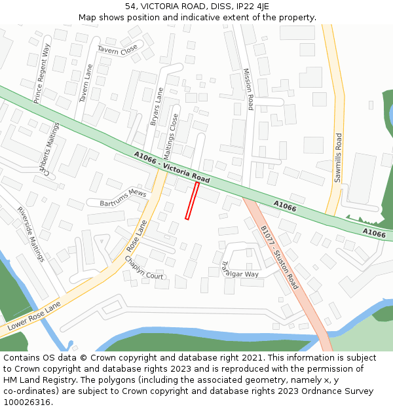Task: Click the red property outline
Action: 192,200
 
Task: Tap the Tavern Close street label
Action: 118,49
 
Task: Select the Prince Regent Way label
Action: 43,73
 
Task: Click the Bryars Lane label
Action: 157,106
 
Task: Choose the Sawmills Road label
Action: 339,158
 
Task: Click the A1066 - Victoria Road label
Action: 172,167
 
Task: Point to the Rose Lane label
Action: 137,236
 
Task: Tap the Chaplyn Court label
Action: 144,267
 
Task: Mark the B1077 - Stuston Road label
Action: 279,257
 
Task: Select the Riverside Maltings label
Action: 31,234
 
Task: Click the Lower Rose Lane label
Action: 34,315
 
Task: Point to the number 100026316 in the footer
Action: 27,402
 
